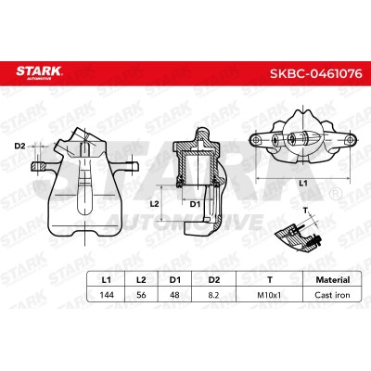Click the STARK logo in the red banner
tap(39, 72)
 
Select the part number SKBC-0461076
tap(316, 73)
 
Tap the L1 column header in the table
tap(106, 280)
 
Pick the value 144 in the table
tap(107, 295)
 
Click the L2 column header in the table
tap(141, 280)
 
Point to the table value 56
tap(141, 295)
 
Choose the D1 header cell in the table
tap(174, 280)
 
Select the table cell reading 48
tap(174, 295)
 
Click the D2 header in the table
tap(214, 280)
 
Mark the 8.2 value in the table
tap(213, 295)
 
